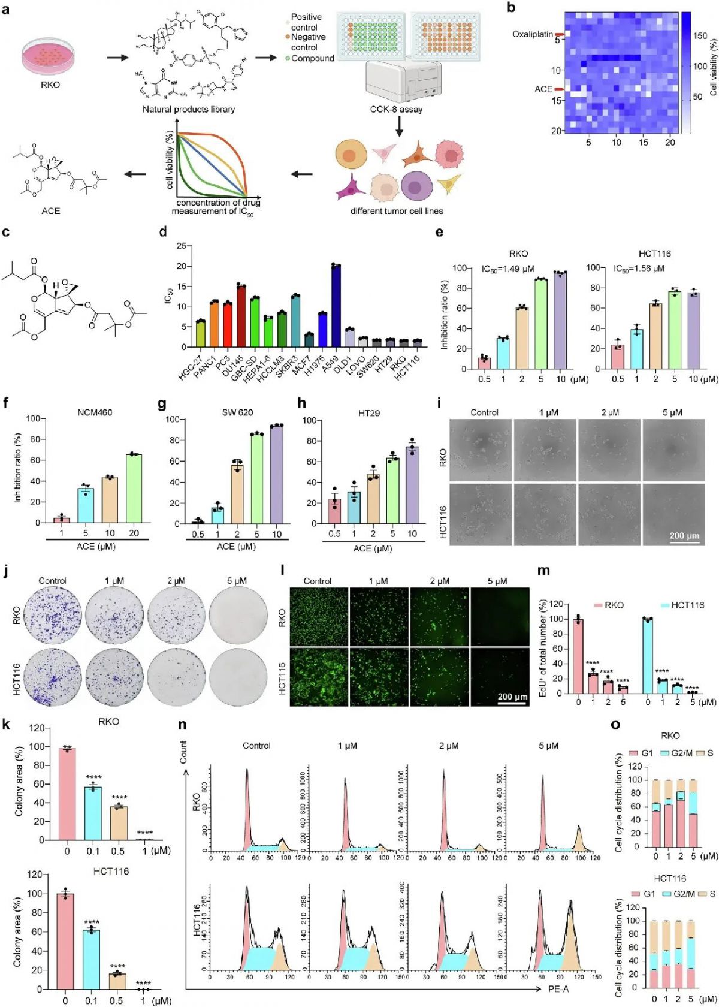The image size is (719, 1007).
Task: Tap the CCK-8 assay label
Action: [396, 109]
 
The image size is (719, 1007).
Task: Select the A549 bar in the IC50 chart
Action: [336, 306]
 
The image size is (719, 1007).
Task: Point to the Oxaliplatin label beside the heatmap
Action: [532, 34]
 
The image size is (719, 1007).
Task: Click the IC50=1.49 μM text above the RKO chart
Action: [507, 269]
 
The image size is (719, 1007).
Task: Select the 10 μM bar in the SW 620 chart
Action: [276, 474]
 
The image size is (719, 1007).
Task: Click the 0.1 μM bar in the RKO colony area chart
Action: [92, 813]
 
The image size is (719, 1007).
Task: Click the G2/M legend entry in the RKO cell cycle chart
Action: [678, 753]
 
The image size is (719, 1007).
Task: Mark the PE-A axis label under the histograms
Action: [558, 989]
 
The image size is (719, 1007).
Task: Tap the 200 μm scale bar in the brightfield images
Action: [684, 535]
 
